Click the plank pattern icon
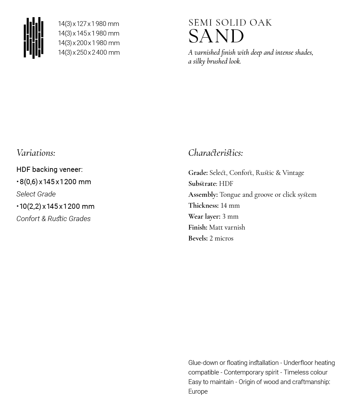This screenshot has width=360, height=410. [34, 38]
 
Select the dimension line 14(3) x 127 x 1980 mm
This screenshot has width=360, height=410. [89, 24]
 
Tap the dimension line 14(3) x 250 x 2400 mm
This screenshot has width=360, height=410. [89, 53]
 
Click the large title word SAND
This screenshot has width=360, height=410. [216, 37]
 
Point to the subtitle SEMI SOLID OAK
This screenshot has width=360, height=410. [230, 23]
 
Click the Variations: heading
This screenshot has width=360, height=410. [36, 153]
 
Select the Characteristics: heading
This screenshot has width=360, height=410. [215, 153]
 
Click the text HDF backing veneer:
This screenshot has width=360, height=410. [49, 169]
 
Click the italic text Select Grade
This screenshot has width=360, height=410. [36, 194]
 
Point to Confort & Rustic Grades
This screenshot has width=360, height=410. [53, 219]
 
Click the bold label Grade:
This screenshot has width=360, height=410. [198, 173]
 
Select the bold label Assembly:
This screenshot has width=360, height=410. [203, 195]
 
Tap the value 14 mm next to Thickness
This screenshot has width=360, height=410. [230, 206]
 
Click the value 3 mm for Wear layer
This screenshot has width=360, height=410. [230, 217]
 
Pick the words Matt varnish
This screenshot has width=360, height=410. [227, 228]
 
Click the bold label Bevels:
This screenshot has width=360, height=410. [198, 238]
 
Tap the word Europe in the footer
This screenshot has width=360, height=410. [198, 392]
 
